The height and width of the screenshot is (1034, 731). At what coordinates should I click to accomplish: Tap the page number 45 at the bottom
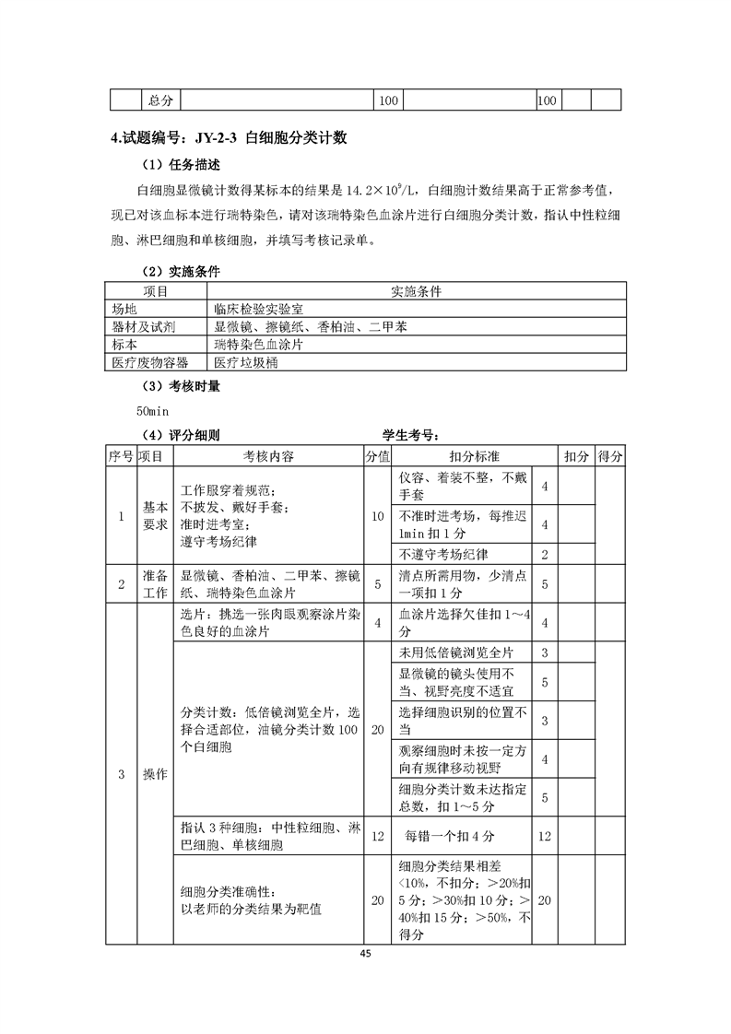pos(365,952)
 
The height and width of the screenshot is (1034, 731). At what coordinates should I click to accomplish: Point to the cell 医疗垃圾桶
pos(244,362)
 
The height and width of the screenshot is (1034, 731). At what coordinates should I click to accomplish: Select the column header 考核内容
pos(268,456)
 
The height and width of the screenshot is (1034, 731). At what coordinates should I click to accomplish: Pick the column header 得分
pos(608,456)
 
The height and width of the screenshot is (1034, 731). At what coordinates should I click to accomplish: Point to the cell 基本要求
pos(154,516)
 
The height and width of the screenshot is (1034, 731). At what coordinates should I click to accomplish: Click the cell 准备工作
pos(154,583)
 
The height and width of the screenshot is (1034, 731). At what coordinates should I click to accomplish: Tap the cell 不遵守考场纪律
pos(443,555)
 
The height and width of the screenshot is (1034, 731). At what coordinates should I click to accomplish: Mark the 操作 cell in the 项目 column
pos(154,775)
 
